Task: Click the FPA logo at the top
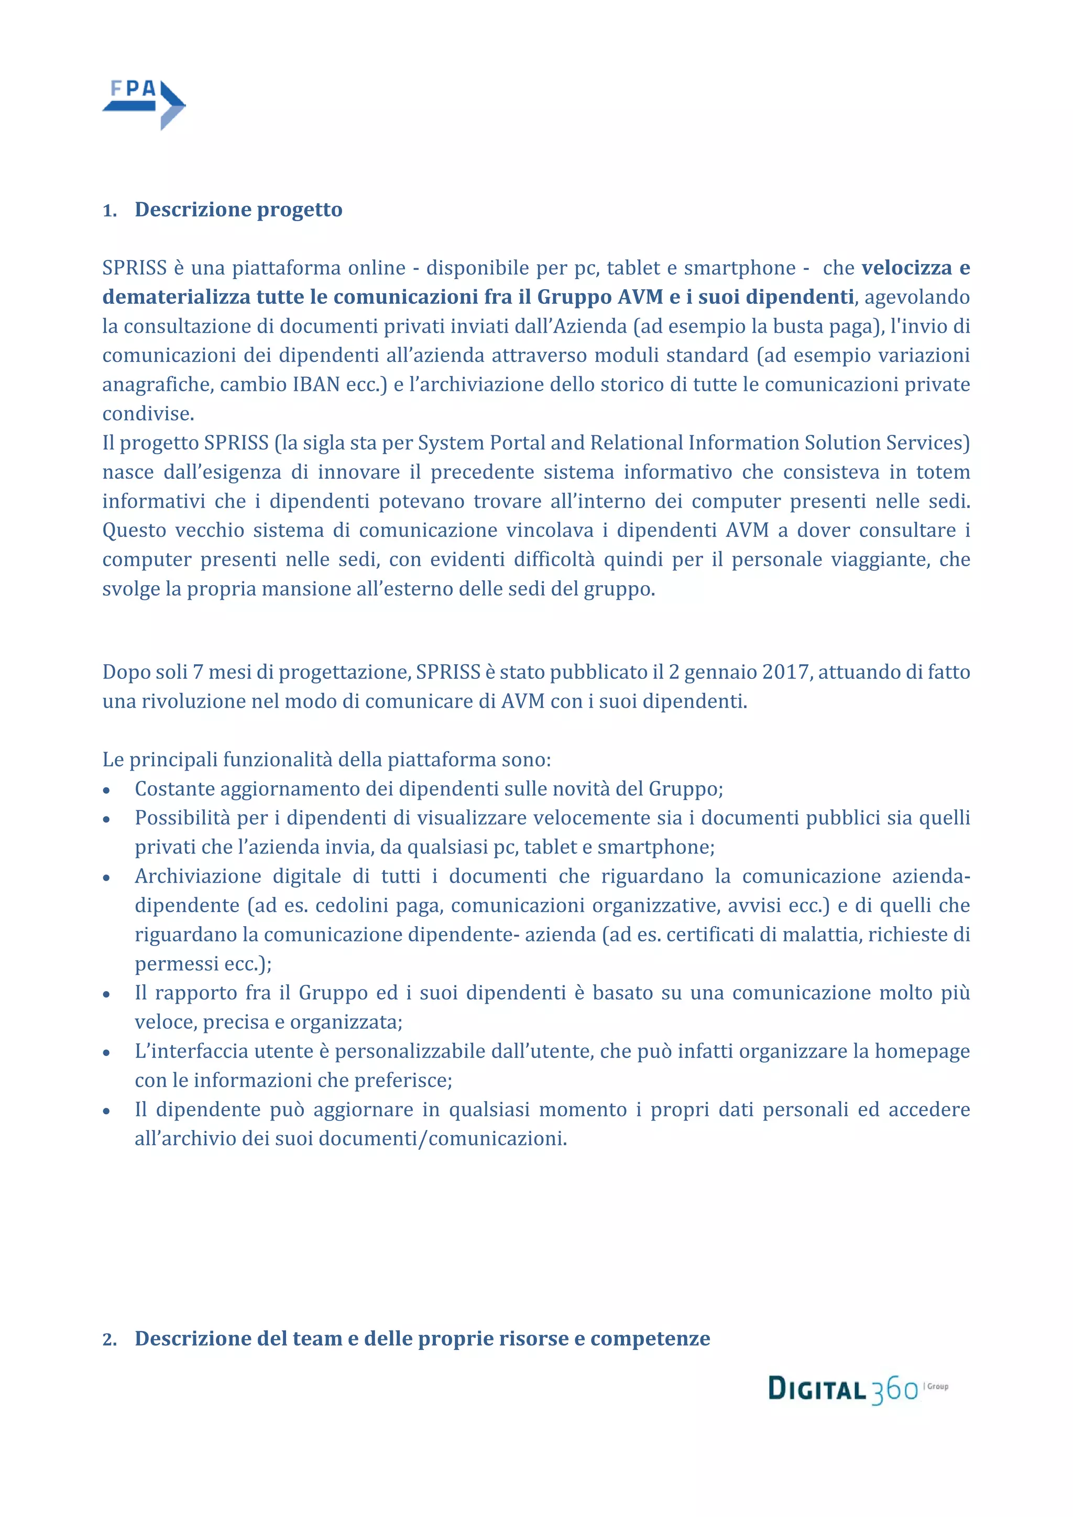(x=144, y=104)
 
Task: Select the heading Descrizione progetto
(x=238, y=210)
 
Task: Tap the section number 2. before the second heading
(x=109, y=1340)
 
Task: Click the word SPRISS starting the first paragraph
(x=134, y=268)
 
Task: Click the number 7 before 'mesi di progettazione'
(x=198, y=672)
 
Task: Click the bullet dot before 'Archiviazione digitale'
(x=106, y=878)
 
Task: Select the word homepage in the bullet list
(x=922, y=1051)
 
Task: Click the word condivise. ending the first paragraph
(x=148, y=414)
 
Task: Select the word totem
(x=943, y=472)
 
